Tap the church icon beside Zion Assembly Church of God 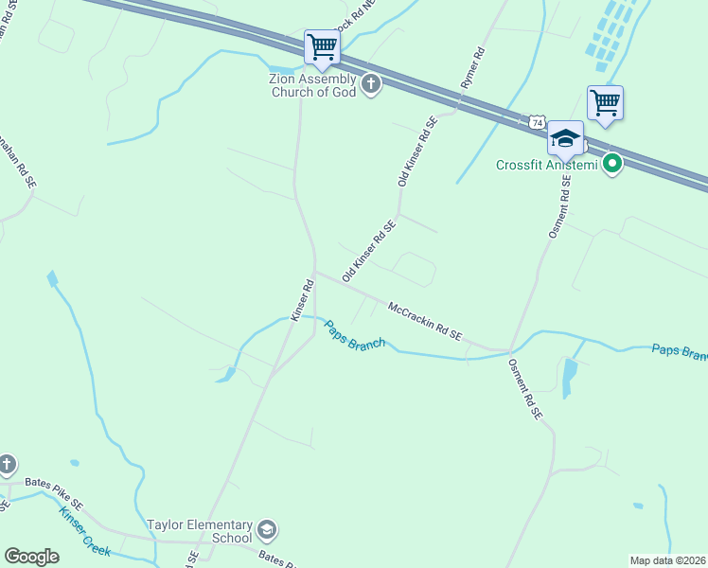click(370, 85)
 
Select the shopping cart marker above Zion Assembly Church click(322, 46)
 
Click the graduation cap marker click(565, 139)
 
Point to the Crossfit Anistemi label click(547, 166)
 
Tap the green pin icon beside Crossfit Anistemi click(612, 165)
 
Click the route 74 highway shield click(537, 123)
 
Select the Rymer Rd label click(472, 68)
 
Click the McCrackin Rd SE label click(425, 320)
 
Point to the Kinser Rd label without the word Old click(302, 300)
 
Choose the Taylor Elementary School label click(200, 531)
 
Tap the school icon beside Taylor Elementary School click(267, 530)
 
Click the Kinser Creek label click(84, 532)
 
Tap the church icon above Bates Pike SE click(7, 464)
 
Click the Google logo click(31, 557)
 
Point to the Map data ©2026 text click(667, 560)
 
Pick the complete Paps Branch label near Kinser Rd click(355, 334)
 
